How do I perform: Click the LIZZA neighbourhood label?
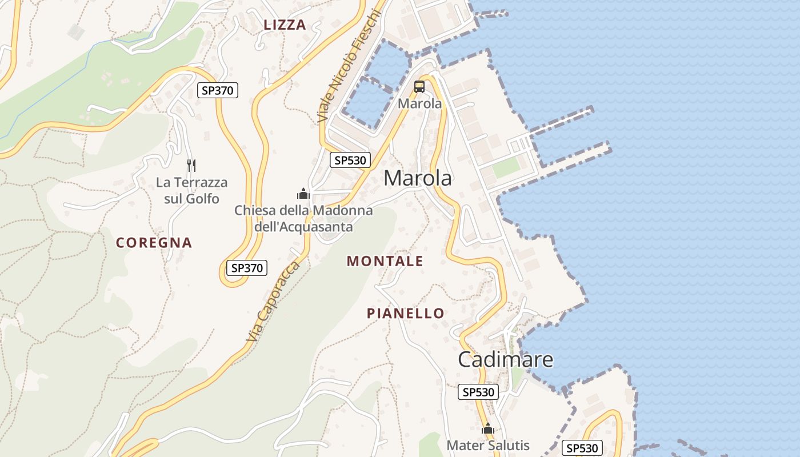[285, 25]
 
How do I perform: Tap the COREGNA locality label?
[154, 243]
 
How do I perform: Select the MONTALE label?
[385, 261]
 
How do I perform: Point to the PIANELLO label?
[405, 314]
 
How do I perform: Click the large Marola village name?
[418, 178]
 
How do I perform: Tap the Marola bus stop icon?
[419, 87]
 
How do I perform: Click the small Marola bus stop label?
[420, 103]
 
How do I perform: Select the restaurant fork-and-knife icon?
[191, 166]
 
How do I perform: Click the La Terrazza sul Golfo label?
[191, 191]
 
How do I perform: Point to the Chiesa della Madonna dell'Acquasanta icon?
[303, 194]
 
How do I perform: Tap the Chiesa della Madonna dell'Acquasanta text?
[303, 219]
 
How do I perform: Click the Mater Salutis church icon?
[487, 428]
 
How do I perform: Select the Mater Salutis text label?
[488, 446]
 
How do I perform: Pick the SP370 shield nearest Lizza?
[218, 90]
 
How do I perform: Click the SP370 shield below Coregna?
[247, 267]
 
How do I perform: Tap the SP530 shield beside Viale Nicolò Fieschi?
[350, 160]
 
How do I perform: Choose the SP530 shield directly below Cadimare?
[478, 392]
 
